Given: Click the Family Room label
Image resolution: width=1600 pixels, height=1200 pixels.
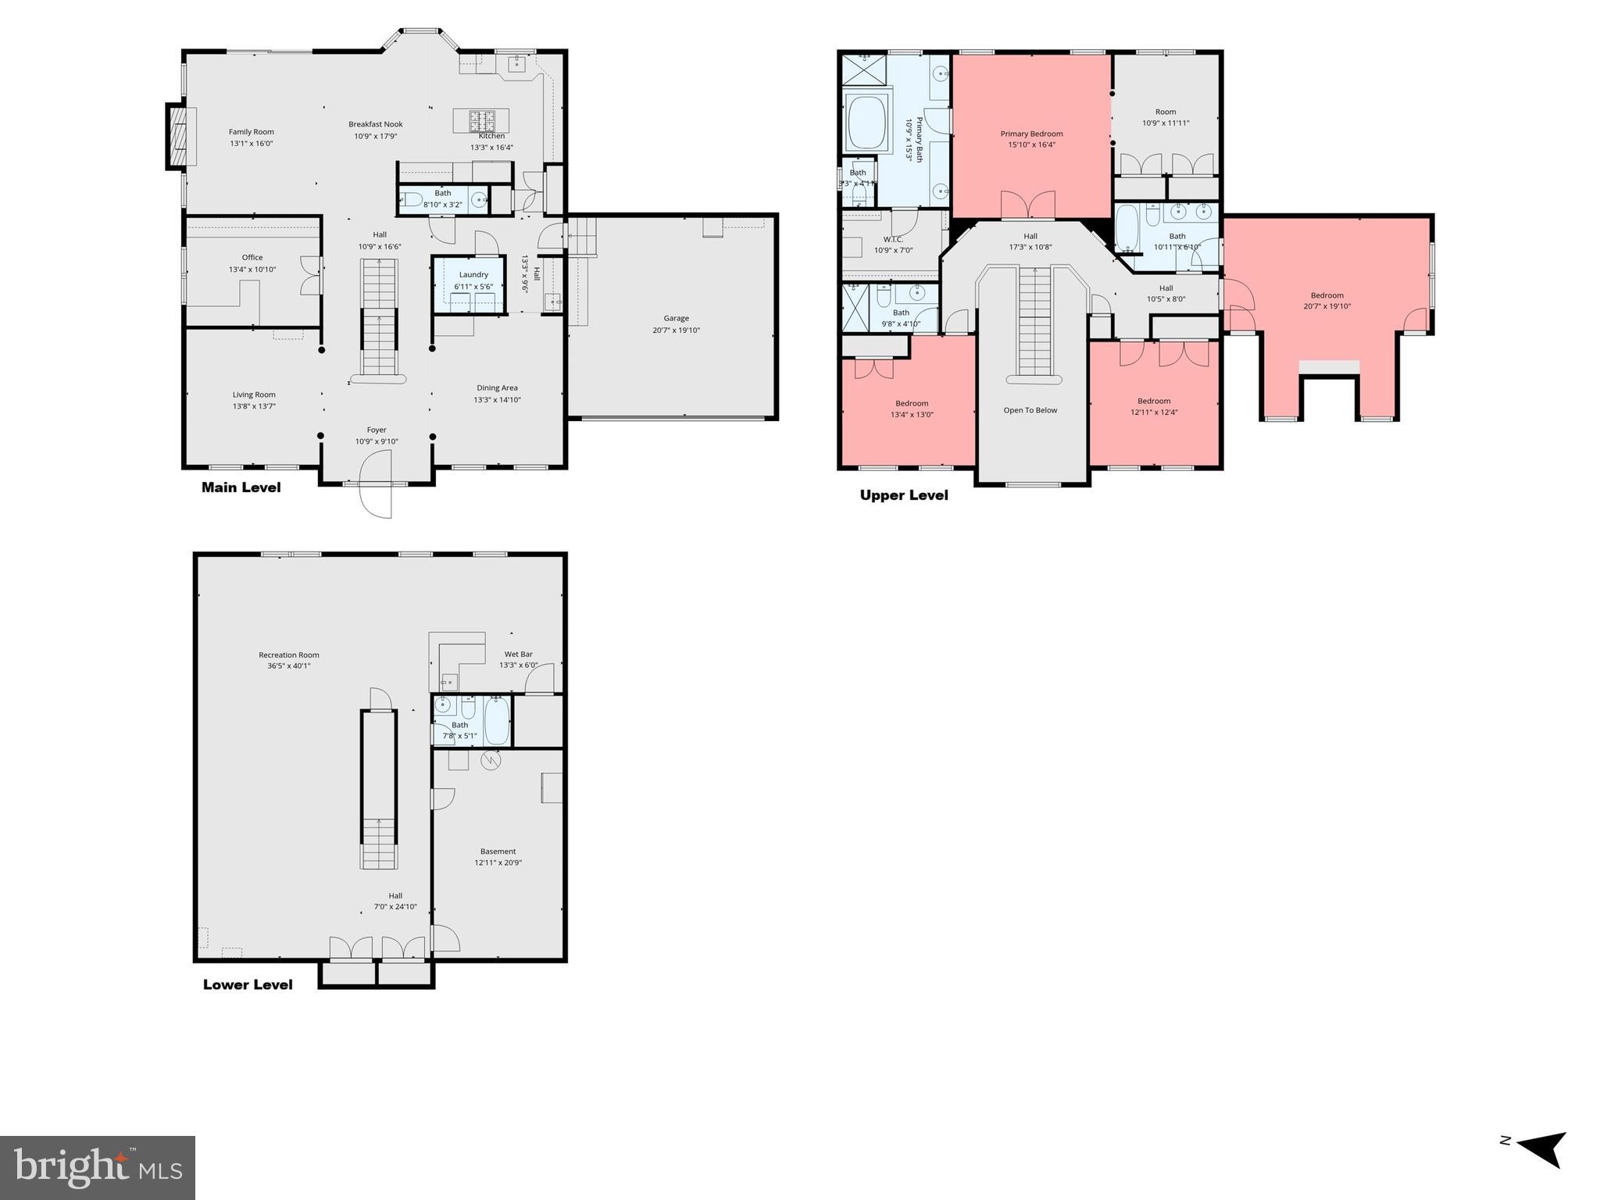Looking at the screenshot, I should point(251,132).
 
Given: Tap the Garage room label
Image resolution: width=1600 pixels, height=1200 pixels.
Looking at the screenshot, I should point(676,318).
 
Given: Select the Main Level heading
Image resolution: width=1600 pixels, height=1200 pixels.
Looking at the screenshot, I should point(241,487).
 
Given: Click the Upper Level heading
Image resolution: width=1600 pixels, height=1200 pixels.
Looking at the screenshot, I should point(904,495).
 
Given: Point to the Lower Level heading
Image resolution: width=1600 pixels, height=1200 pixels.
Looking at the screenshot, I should point(248,984).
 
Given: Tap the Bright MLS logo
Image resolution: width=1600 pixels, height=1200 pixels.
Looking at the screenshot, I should point(98,1168).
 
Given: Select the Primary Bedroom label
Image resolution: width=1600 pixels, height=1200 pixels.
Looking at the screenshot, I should point(1031,134).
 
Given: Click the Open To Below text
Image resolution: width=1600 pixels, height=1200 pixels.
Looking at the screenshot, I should point(1030,410).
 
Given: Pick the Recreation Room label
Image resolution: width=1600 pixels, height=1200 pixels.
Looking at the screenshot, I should point(289,655).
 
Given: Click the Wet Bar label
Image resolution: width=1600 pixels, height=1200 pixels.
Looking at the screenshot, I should point(518,654).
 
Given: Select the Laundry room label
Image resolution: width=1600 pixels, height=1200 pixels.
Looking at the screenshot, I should point(473,274).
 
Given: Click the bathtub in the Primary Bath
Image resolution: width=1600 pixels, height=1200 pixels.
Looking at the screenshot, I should point(866,122).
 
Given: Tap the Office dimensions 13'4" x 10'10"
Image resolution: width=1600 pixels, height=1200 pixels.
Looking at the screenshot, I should point(252,270).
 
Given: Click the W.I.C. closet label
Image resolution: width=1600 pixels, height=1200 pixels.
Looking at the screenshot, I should point(893,239).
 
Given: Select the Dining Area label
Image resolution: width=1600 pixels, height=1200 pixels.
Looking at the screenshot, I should point(497,387).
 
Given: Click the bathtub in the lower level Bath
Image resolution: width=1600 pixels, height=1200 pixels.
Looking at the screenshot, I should point(497,720).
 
